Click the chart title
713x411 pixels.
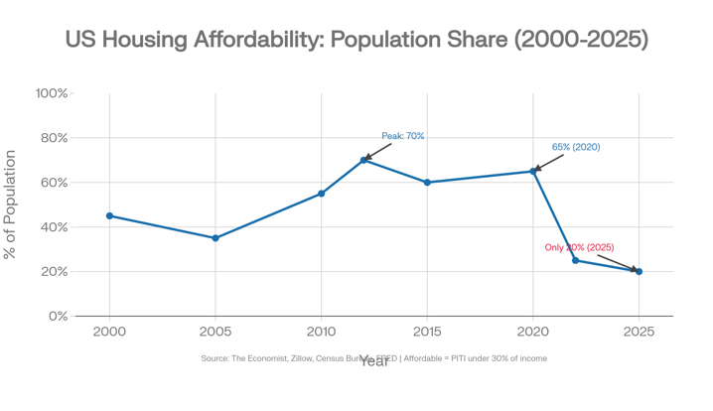coord(356,39)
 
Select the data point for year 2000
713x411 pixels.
coord(109,216)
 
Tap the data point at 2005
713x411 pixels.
coord(215,238)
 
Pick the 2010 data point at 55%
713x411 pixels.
coord(321,194)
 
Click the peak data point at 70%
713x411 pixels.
coord(364,160)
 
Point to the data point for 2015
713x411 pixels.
coord(427,183)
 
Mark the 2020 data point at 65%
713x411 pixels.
coord(533,172)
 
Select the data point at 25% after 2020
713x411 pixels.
coord(576,260)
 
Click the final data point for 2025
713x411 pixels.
coord(639,271)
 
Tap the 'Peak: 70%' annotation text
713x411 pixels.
coord(403,136)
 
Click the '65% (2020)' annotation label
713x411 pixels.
coord(576,147)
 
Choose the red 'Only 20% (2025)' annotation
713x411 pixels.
coord(579,247)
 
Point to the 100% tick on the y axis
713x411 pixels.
coord(52,93)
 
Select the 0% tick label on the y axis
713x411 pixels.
coord(58,316)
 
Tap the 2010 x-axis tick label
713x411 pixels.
coord(321,332)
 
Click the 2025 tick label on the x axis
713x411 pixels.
coord(639,332)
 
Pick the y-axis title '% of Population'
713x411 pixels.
coord(11,205)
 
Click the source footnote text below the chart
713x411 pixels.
coord(373,358)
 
